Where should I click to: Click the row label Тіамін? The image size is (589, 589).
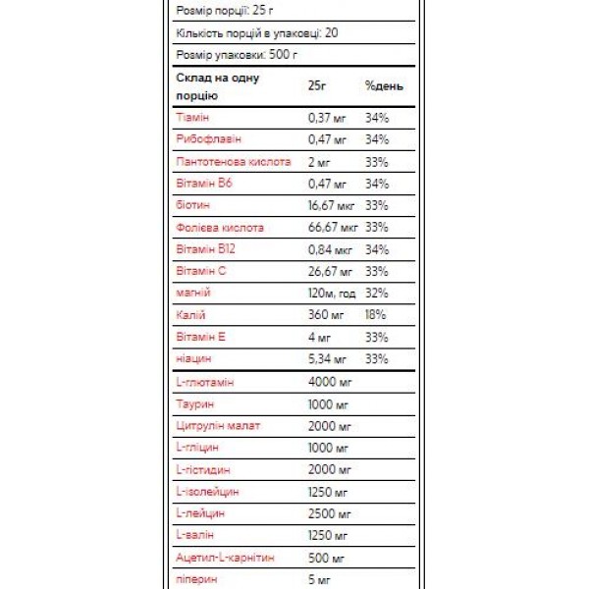tap(192, 118)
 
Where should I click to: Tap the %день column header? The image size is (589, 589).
tap(383, 85)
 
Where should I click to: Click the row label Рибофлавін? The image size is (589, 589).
tap(207, 139)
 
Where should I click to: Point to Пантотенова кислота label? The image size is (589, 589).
tap(233, 161)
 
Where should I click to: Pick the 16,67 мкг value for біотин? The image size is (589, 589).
tap(333, 205)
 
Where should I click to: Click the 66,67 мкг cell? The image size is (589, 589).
tap(333, 227)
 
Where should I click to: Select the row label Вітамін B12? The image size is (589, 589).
tap(205, 249)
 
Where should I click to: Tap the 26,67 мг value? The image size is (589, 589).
tap(330, 271)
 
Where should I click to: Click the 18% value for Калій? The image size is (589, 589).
tap(376, 314)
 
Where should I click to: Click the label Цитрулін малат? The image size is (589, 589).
tap(219, 425)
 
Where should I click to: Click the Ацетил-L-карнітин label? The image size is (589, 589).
tap(225, 557)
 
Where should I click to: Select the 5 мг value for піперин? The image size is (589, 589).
tap(319, 578)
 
